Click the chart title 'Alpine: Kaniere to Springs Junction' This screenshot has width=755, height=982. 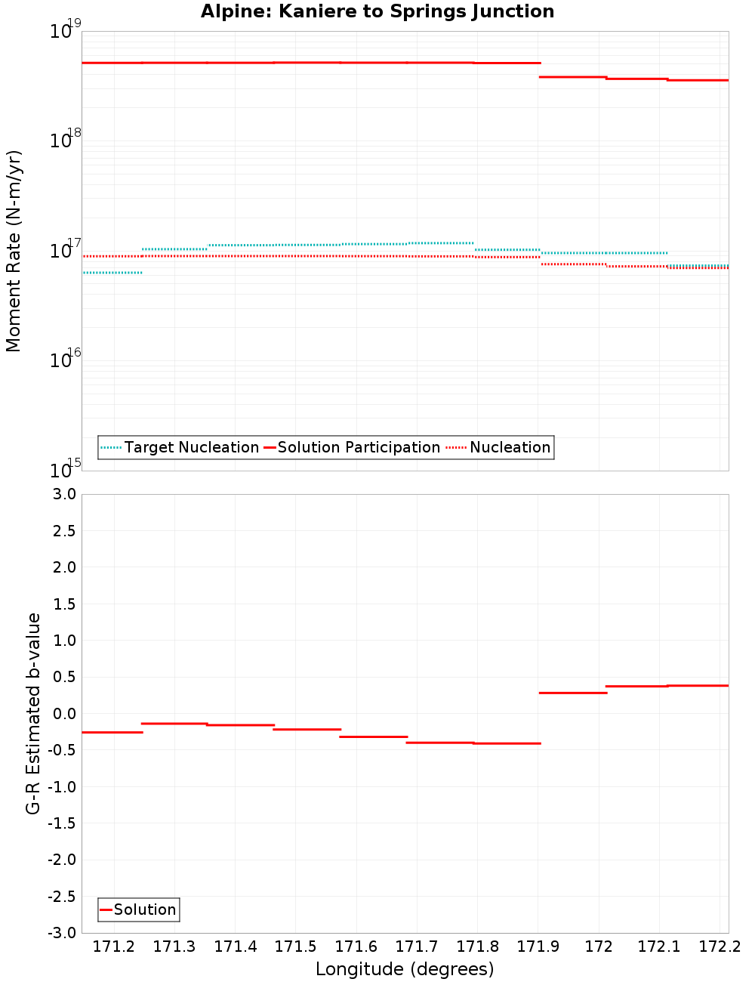[377, 11]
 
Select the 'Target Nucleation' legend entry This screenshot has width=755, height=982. [191, 447]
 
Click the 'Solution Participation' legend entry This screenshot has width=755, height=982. [359, 447]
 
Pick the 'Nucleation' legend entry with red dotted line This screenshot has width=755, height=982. [510, 447]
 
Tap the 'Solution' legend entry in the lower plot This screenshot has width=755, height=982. [145, 909]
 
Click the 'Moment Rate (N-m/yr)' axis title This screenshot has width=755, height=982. [14, 251]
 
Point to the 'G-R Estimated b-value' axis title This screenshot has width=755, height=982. [33, 713]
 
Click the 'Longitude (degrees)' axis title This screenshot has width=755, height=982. [405, 969]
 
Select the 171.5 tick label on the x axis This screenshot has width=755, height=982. [295, 946]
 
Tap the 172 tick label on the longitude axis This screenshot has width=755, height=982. [599, 946]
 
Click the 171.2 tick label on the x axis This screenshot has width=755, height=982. [113, 946]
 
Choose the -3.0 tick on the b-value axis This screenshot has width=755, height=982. [61, 933]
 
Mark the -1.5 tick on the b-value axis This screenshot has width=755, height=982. [61, 823]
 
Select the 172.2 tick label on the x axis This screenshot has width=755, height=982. [720, 946]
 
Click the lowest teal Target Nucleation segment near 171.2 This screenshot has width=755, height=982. [112, 273]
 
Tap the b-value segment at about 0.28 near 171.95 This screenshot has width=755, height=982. [572, 693]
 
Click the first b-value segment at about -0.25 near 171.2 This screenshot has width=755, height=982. [112, 732]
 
